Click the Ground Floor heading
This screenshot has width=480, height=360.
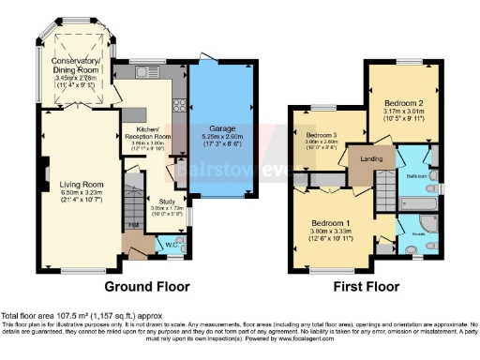tap(146, 286)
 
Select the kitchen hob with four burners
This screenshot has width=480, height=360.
tap(178, 106)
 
